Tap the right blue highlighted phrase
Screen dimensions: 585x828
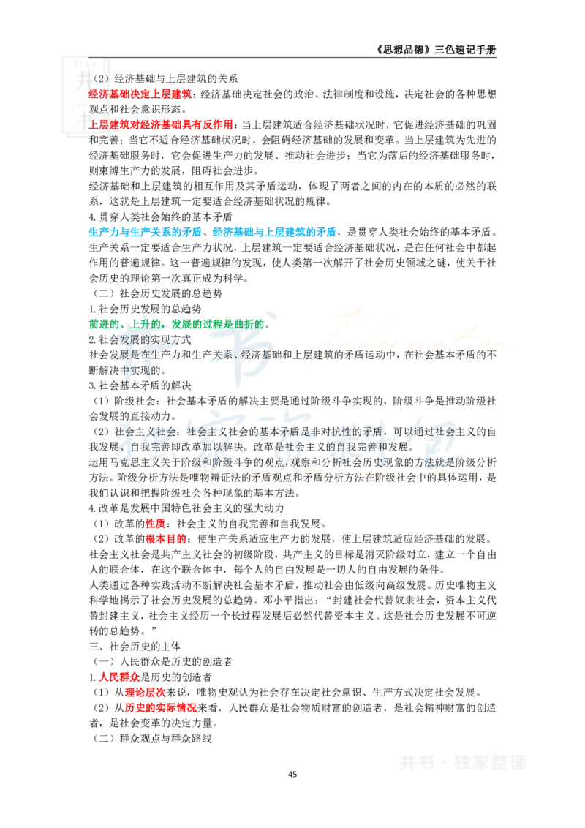coord(275,233)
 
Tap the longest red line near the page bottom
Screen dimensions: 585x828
coord(161,708)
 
